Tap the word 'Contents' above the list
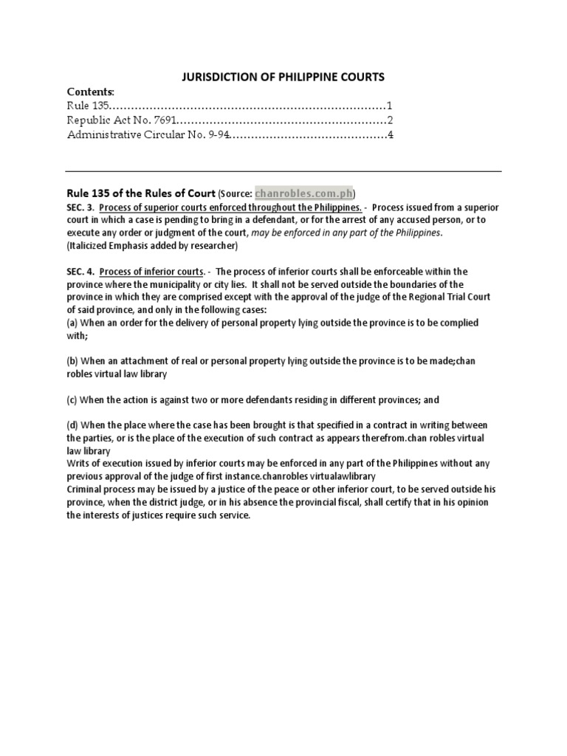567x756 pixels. click(x=90, y=92)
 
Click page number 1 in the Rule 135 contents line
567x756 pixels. click(x=389, y=106)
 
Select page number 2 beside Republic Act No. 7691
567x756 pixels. click(x=389, y=120)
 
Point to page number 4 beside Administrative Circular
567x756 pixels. click(x=389, y=134)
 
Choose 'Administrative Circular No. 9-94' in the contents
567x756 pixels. click(x=148, y=134)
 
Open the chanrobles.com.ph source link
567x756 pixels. click(x=303, y=194)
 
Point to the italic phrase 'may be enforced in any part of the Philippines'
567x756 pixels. click(x=346, y=233)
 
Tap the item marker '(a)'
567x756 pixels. click(x=73, y=322)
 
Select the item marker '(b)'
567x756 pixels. click(x=73, y=361)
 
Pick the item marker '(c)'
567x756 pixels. click(x=73, y=399)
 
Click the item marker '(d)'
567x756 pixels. click(x=73, y=425)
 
